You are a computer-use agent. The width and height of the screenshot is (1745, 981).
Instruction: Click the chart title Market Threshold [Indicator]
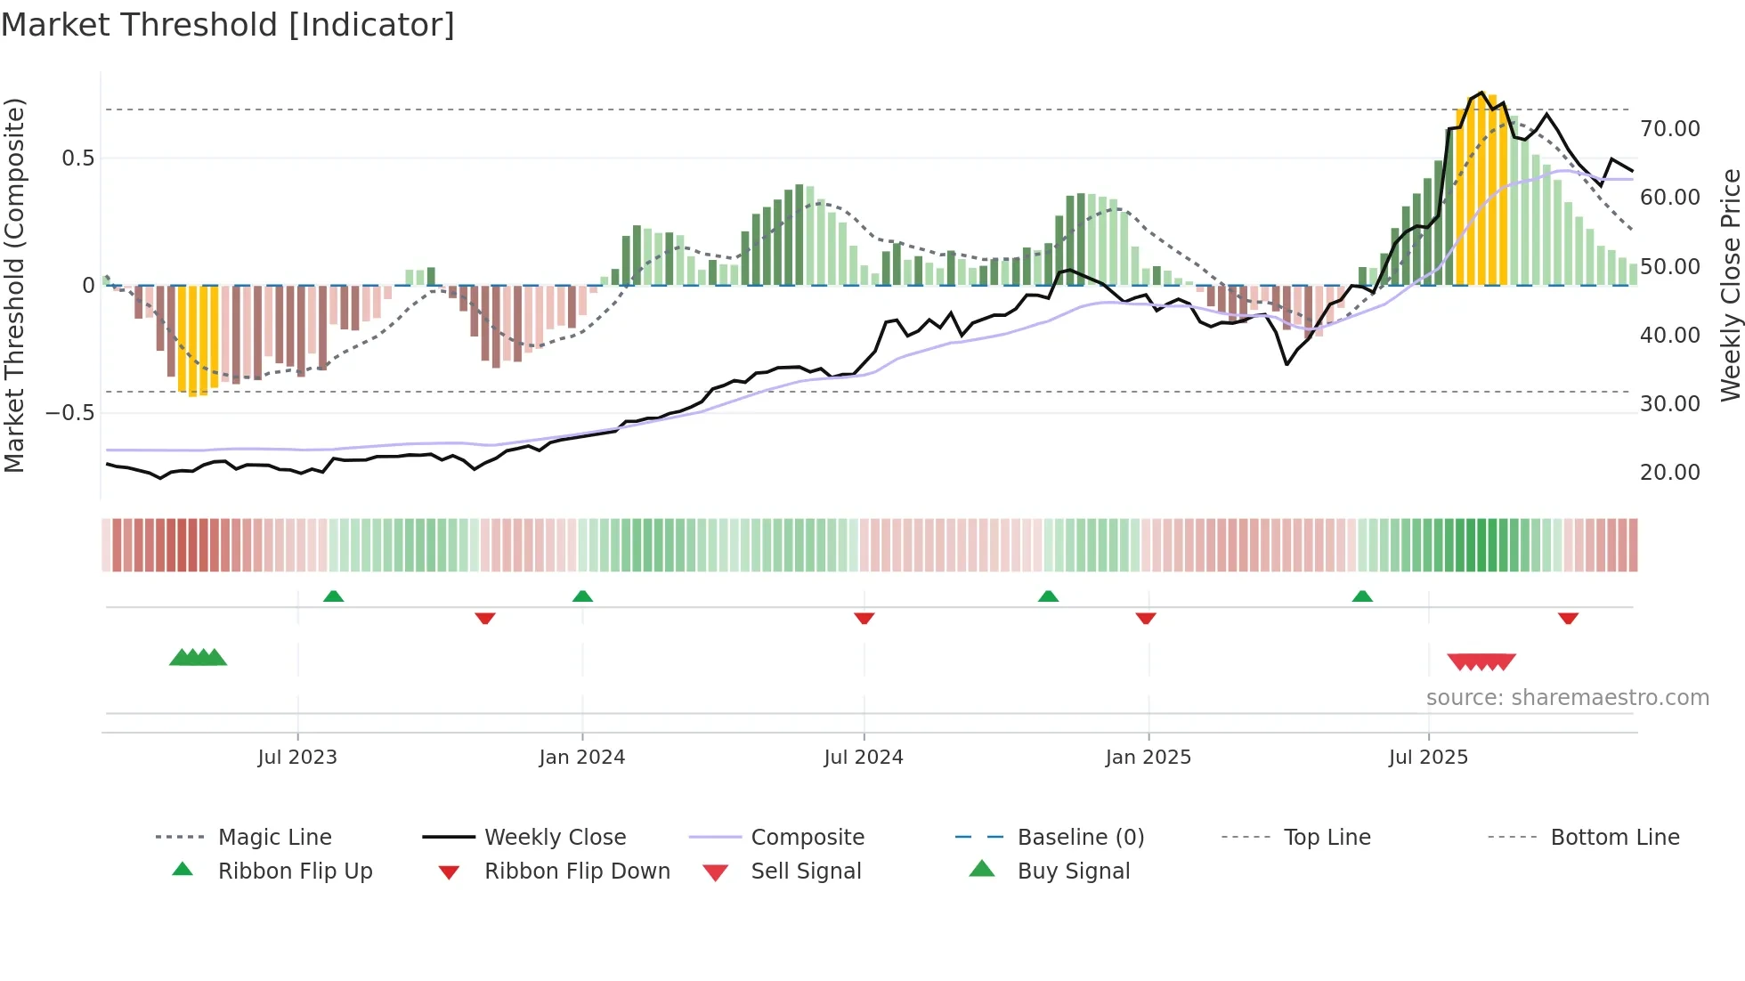[228, 25]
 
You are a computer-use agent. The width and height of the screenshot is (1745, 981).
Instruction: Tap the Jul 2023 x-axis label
[297, 758]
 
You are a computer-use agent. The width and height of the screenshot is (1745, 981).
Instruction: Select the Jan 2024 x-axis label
[582, 758]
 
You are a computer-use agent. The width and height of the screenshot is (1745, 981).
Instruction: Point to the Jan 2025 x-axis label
[1148, 758]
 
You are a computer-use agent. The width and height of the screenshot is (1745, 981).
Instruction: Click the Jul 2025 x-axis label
[1428, 758]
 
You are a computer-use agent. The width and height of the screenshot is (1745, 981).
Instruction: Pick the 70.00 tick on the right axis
[1669, 129]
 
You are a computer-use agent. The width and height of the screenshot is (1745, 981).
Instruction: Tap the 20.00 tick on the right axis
[1669, 473]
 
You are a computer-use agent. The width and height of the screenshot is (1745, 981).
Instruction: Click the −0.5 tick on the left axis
[69, 413]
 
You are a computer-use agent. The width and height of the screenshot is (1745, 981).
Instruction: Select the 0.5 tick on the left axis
[77, 158]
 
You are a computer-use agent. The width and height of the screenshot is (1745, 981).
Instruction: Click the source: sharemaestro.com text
[1567, 698]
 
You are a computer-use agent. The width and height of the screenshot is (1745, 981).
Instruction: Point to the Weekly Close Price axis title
[1730, 285]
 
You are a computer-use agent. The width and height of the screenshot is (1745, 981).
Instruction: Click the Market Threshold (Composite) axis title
[14, 285]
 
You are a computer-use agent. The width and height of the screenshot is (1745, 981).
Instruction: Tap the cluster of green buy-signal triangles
[198, 658]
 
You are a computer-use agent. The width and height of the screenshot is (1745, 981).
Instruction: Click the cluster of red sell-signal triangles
[1481, 661]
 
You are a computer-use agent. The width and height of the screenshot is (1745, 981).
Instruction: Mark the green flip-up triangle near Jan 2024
[582, 596]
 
